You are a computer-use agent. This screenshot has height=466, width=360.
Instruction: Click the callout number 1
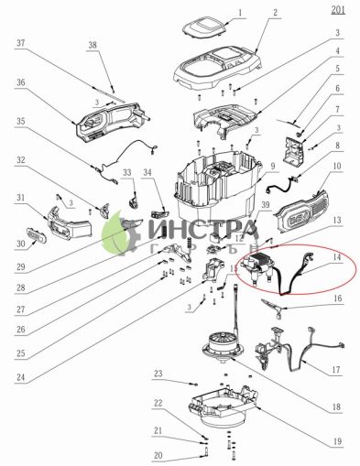[241, 15]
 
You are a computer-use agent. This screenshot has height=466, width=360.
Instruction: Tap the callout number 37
[20, 43]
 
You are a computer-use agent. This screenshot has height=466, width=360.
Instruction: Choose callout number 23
[158, 374]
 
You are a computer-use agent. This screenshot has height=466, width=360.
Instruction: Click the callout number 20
[158, 455]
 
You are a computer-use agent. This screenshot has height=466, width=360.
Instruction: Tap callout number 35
[20, 121]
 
